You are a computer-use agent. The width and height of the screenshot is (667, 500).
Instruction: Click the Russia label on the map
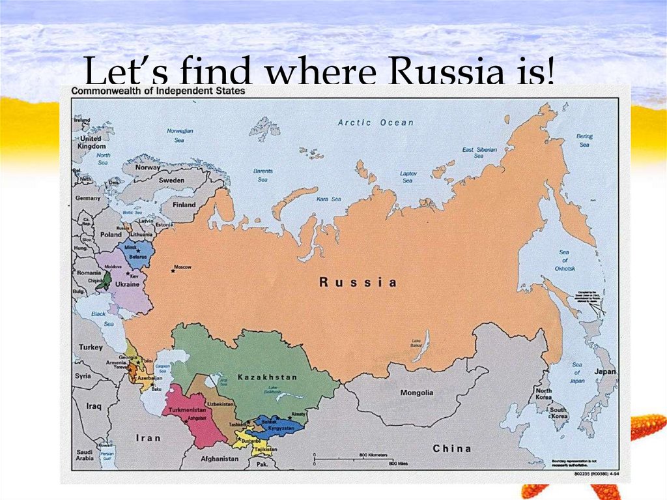click(x=357, y=282)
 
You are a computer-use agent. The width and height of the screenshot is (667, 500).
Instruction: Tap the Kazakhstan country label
click(x=267, y=377)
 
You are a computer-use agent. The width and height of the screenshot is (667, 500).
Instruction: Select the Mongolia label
click(x=417, y=393)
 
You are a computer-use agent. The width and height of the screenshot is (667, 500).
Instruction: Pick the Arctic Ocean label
click(x=376, y=123)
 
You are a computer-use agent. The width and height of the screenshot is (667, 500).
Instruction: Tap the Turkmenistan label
click(x=188, y=410)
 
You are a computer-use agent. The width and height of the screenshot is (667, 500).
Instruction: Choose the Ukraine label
click(x=127, y=284)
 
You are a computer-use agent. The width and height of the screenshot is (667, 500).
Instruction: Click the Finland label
click(x=184, y=205)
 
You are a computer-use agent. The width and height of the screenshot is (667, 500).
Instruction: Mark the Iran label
click(x=147, y=438)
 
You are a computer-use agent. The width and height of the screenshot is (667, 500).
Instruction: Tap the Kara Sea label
click(x=328, y=199)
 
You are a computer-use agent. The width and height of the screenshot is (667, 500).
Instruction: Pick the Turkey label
click(x=91, y=347)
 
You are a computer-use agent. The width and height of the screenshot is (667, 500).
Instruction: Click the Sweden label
click(x=171, y=180)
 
